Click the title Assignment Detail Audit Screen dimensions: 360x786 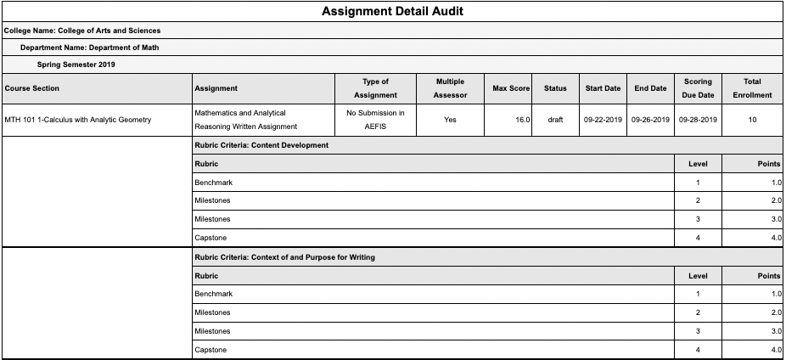click(x=392, y=12)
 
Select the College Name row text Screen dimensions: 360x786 click(x=82, y=31)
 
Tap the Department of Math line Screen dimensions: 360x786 click(x=89, y=48)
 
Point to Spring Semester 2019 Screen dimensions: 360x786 click(x=76, y=64)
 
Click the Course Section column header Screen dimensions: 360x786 click(x=32, y=88)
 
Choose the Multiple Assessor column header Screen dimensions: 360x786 click(x=450, y=88)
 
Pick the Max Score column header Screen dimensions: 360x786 click(x=511, y=88)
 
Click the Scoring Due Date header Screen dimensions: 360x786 click(x=698, y=88)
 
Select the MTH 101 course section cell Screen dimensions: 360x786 click(x=78, y=120)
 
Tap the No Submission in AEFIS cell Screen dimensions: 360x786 click(x=375, y=120)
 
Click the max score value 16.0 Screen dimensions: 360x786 click(x=522, y=120)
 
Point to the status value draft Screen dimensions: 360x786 click(x=555, y=120)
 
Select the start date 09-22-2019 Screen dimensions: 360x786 click(x=603, y=120)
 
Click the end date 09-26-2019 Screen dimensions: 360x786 click(x=650, y=120)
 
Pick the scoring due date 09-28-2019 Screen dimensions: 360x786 click(x=698, y=120)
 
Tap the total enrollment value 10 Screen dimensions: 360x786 click(x=752, y=120)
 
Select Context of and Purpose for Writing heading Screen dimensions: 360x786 click(x=284, y=257)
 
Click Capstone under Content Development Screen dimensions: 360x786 click(x=211, y=238)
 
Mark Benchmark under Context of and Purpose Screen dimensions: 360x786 click(x=213, y=294)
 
